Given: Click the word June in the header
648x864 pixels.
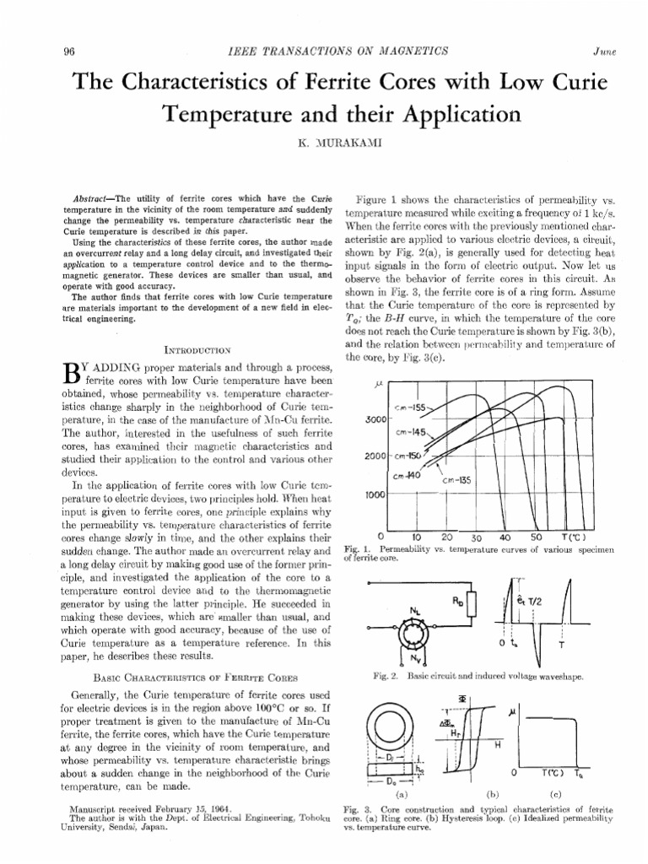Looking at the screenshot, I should tap(604, 51).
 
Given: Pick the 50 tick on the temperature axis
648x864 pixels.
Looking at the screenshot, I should tap(536, 536).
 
